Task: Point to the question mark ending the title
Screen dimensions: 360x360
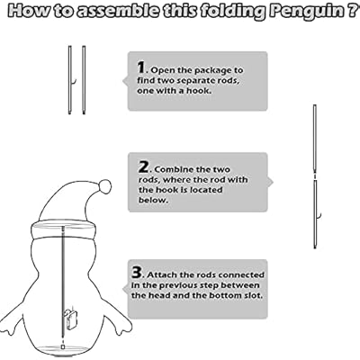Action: point(346,15)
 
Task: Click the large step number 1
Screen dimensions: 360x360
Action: point(141,67)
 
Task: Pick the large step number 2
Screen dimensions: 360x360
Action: point(143,167)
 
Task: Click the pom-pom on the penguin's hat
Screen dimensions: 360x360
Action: point(104,186)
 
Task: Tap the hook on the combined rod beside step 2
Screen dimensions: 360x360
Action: point(319,214)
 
